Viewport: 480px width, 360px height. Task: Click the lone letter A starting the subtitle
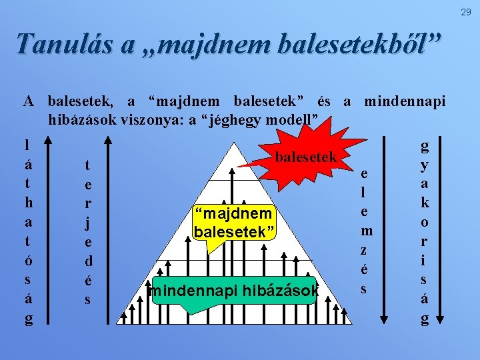[29, 102]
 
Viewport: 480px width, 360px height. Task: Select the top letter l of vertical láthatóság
[27, 145]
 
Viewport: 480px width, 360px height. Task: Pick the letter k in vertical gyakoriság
[424, 202]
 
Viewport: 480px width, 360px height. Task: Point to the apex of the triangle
[234, 142]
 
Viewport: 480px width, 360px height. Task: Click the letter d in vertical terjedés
[87, 261]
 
